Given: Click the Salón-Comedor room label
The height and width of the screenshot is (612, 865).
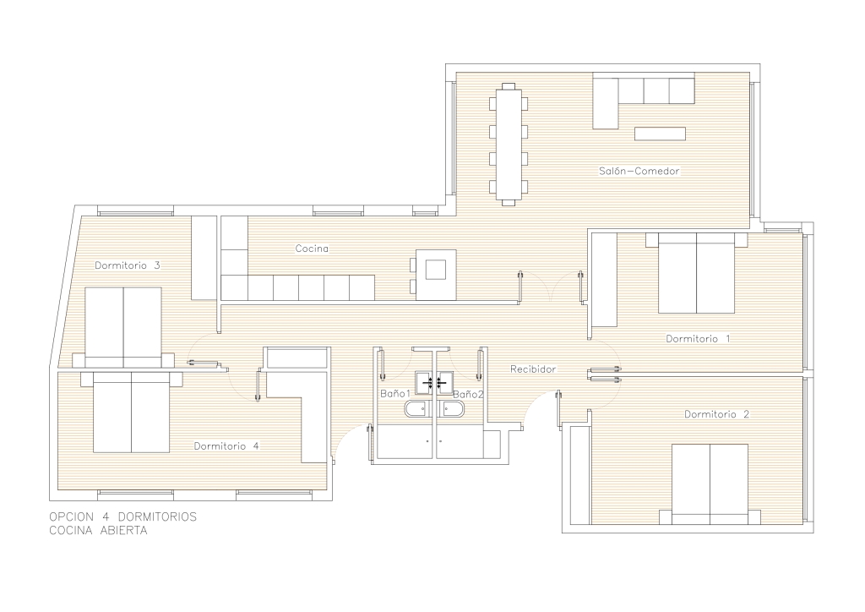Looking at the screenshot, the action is click(639, 171).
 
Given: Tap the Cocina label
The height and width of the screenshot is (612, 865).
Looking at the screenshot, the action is click(312, 249).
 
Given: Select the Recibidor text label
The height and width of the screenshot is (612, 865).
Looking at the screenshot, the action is click(533, 369).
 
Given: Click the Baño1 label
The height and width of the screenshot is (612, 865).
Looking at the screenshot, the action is click(395, 393).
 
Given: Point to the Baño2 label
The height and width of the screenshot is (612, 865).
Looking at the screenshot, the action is click(468, 394).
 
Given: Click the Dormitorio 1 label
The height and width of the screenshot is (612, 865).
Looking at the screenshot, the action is click(698, 338).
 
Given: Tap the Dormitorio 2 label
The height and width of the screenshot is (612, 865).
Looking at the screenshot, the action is click(716, 414).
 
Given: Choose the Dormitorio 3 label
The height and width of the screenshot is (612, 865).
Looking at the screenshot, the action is click(127, 265).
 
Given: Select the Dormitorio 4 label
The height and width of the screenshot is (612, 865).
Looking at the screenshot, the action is click(226, 445).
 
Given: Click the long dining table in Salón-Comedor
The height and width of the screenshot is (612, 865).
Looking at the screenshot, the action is click(509, 144).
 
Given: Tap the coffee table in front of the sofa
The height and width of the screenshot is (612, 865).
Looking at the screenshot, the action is click(660, 134).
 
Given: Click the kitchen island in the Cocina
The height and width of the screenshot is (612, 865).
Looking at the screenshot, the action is click(436, 274).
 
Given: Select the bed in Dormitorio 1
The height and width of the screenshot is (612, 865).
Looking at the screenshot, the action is click(696, 273).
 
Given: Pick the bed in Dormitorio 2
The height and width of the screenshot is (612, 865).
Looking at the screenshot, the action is click(710, 484).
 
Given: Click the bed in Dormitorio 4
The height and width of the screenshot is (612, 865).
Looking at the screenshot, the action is click(131, 411).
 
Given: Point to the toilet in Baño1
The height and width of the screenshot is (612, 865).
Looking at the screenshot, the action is click(417, 409).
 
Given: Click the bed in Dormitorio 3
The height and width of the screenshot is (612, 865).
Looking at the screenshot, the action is click(123, 327).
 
